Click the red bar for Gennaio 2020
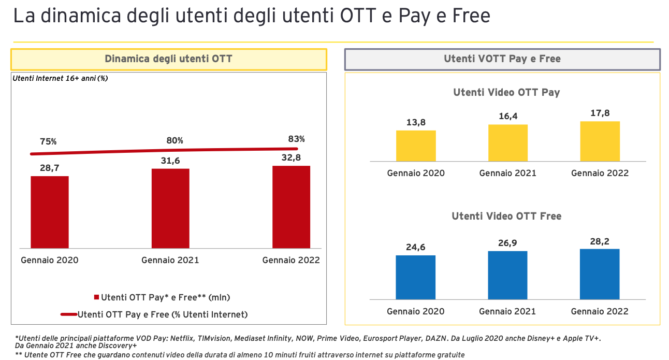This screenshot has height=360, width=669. click(x=50, y=212)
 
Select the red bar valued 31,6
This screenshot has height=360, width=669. click(x=170, y=208)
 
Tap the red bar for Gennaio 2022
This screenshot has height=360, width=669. click(x=291, y=207)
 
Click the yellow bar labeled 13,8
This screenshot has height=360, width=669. click(x=416, y=146)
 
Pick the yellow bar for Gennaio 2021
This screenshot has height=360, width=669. click(x=507, y=143)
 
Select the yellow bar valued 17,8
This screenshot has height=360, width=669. click(x=600, y=141)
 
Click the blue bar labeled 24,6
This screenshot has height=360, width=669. click(x=416, y=277)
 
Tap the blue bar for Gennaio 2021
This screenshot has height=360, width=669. click(x=507, y=275)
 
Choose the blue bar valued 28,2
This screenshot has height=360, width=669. click(x=600, y=274)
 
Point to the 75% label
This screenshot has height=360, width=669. click(x=48, y=141)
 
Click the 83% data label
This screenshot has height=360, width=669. click(x=296, y=139)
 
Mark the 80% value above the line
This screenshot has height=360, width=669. click(x=174, y=140)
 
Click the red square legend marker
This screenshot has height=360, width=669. click(x=96, y=297)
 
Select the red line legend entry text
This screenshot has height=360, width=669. click(x=163, y=314)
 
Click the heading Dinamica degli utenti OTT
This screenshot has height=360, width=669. click(x=168, y=59)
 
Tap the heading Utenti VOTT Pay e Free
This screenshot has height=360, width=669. click(x=502, y=59)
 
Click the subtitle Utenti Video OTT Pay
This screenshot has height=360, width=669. click(x=506, y=93)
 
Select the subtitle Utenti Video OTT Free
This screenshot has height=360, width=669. click(x=506, y=216)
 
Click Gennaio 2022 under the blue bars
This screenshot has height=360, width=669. click(x=600, y=311)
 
